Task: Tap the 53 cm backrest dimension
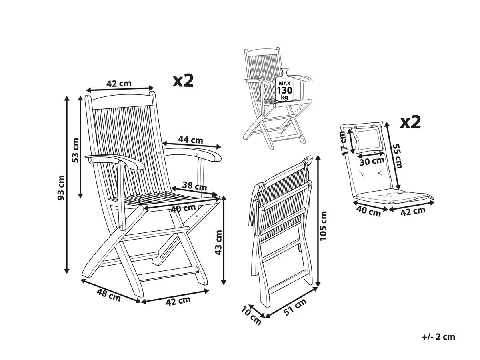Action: pos(75,150)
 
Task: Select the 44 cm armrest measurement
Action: pos(190,140)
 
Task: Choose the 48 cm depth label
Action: pos(109,296)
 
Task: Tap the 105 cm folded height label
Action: pos(323,226)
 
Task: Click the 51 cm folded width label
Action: pos(295,307)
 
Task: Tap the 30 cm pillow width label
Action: pos(372,161)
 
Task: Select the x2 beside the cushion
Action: pos(410,122)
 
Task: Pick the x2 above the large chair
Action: pos(183,80)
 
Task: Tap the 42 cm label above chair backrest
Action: pos(119,83)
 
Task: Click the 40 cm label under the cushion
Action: pos(369,212)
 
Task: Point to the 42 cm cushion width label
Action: pos(413,211)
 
